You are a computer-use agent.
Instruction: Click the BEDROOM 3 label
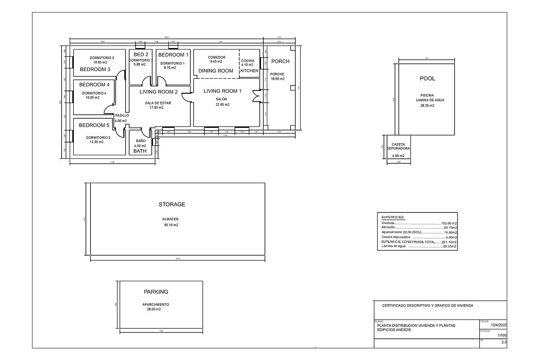(95, 70)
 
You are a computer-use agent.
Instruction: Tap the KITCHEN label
(249, 71)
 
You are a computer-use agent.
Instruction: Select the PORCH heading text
(280, 62)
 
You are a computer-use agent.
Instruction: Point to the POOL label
(427, 78)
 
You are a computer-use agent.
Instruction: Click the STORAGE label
(172, 204)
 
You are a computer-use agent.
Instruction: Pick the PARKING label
(156, 292)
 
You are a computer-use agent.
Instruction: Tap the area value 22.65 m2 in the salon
(222, 104)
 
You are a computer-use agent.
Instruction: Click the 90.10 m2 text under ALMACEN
(171, 225)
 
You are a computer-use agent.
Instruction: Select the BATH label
(140, 152)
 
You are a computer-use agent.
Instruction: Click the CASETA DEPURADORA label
(398, 146)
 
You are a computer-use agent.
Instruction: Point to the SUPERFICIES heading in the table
(392, 217)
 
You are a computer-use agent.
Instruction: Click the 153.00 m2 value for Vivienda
(449, 223)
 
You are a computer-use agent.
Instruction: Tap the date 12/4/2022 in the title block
(498, 325)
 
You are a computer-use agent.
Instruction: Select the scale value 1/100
(502, 336)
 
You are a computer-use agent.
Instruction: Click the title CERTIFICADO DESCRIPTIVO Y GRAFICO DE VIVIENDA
(427, 306)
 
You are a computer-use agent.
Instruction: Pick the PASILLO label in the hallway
(121, 116)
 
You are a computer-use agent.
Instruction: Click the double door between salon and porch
(256, 96)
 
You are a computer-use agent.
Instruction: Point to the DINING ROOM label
(216, 71)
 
